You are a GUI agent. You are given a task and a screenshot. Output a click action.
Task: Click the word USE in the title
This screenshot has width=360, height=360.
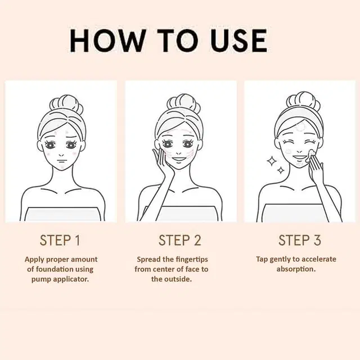click(240, 41)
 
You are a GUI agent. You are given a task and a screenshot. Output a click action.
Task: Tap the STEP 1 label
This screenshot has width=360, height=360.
click(60, 240)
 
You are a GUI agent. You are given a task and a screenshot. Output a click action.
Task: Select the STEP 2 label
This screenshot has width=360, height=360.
click(180, 240)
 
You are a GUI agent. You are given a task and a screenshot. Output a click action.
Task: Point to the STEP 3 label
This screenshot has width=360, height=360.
click(300, 240)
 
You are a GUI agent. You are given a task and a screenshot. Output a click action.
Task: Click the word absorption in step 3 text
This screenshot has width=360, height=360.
click(296, 269)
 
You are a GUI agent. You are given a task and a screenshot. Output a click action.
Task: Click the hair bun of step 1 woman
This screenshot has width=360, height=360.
click(66, 105)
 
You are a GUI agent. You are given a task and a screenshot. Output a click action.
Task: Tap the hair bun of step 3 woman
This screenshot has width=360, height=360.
click(303, 101)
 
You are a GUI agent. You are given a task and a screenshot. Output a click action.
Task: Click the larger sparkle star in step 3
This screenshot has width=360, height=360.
click(272, 161)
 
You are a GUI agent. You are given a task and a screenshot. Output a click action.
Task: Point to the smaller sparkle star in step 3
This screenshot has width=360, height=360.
click(281, 170)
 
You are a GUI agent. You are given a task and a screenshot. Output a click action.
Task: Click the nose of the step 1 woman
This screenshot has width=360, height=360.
click(61, 155)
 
